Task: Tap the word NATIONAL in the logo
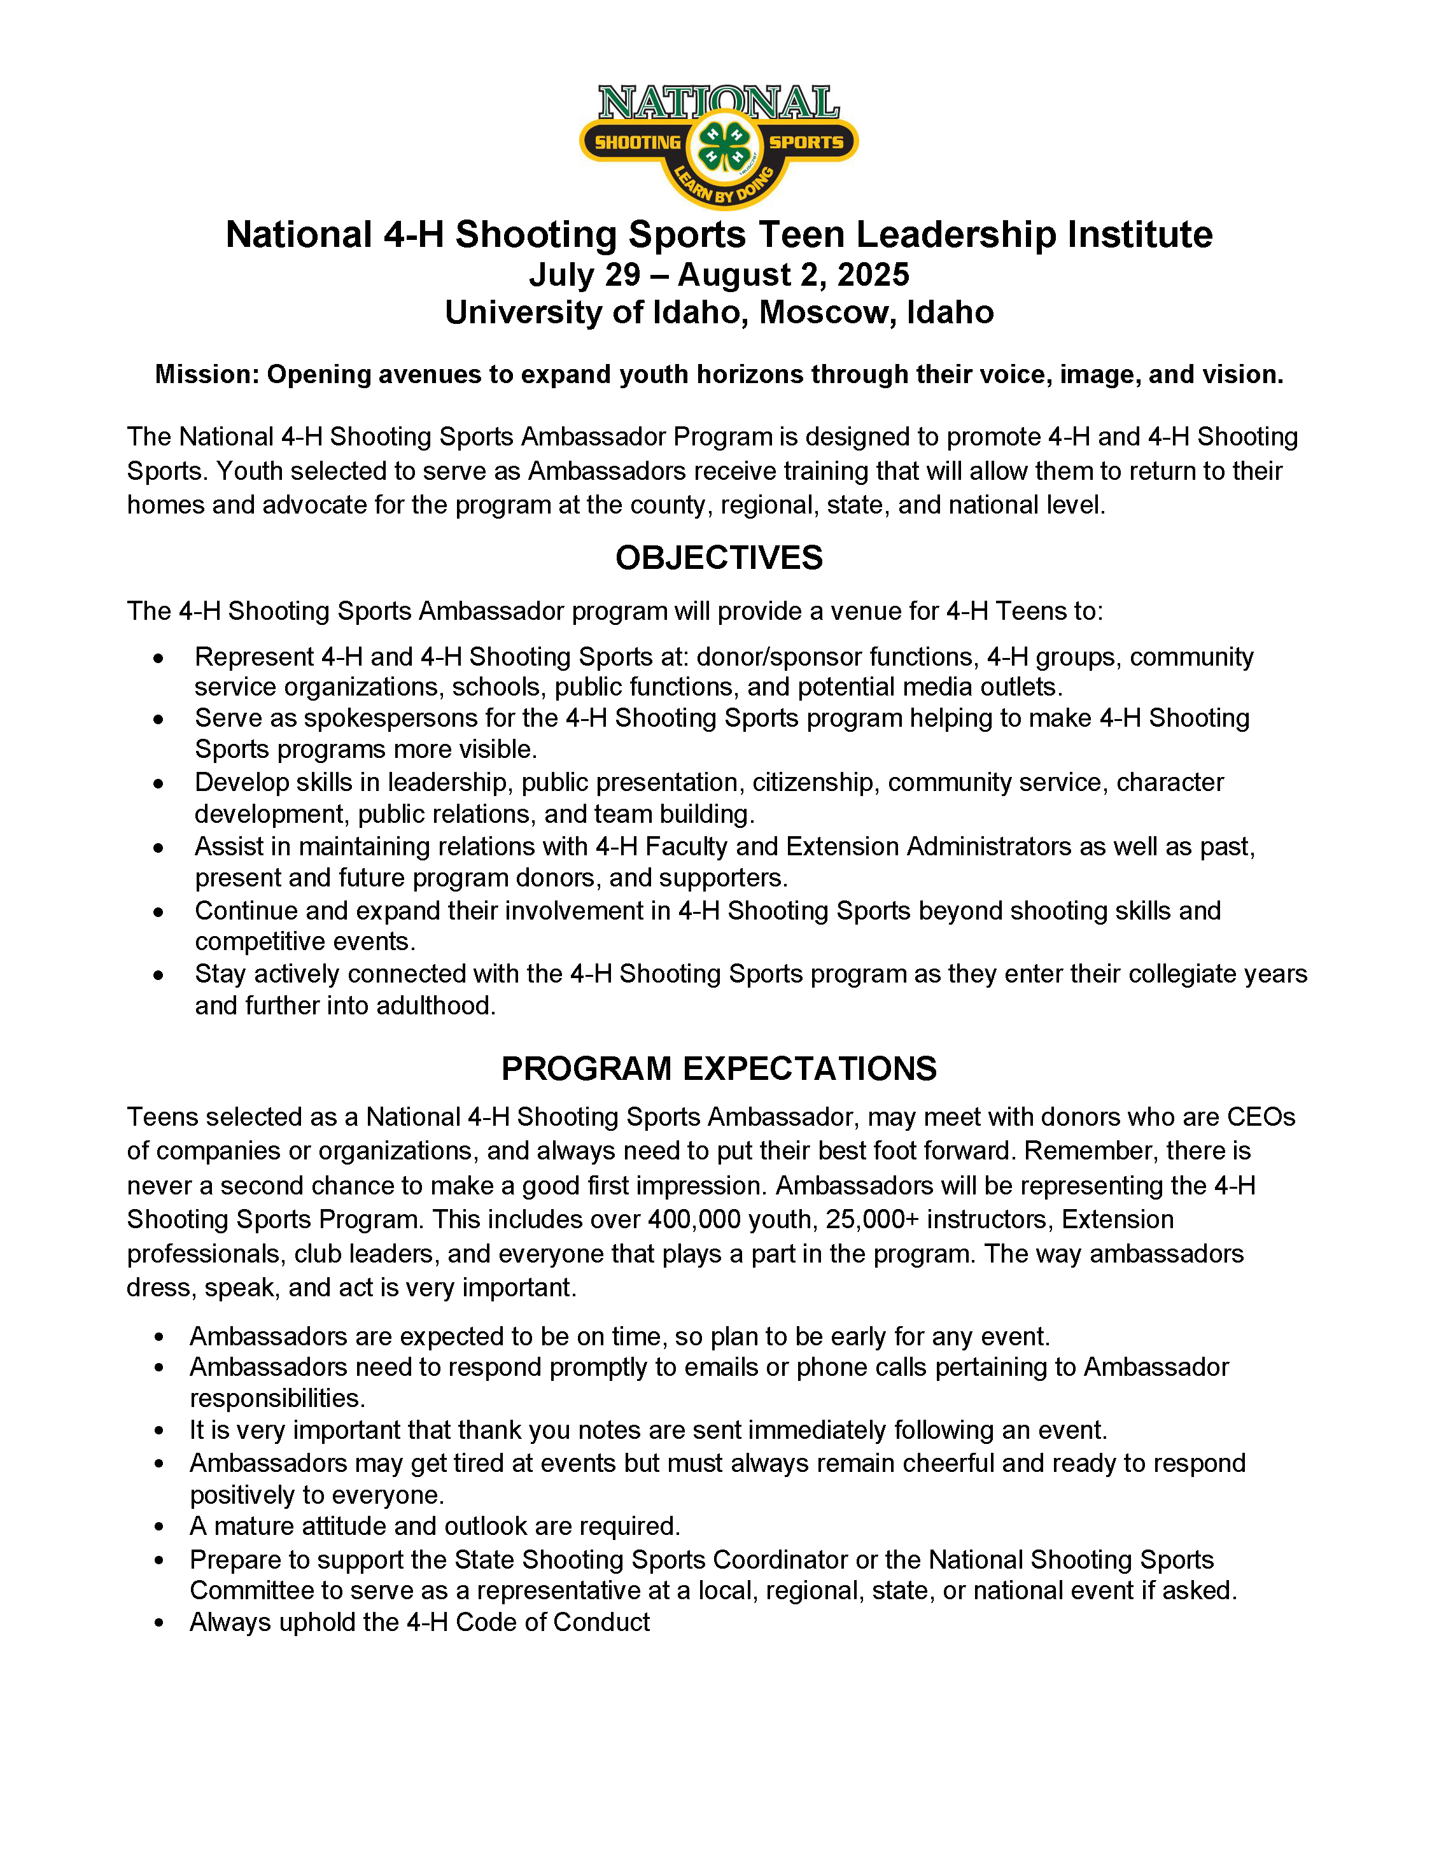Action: (719, 103)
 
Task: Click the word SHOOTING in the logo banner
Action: (638, 143)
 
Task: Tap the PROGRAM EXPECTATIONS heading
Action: (719, 1068)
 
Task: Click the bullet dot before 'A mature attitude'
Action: (158, 1527)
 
